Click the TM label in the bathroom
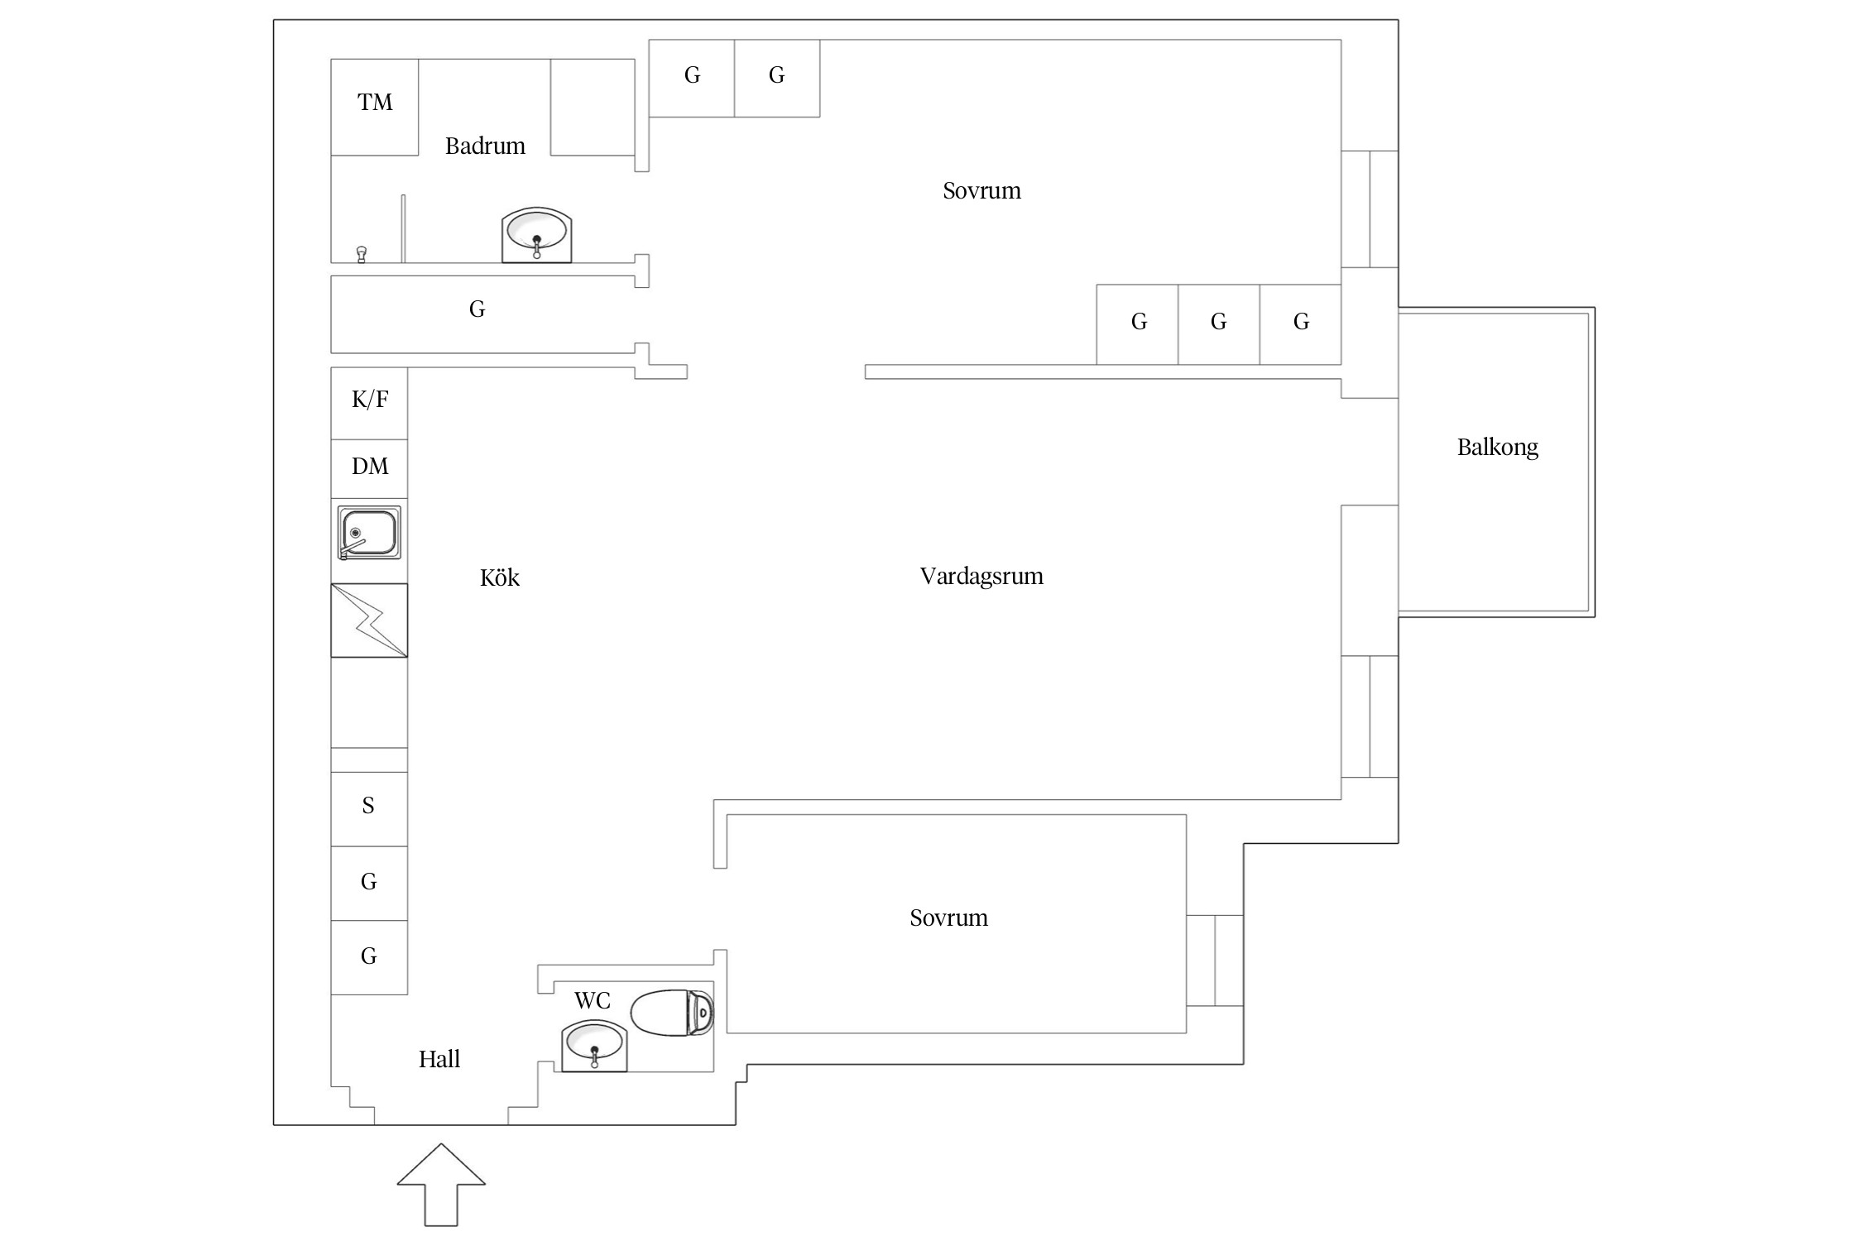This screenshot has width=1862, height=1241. (375, 103)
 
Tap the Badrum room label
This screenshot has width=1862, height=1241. (485, 146)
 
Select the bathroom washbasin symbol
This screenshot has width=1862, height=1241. (536, 235)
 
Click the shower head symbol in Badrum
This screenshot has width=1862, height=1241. (361, 254)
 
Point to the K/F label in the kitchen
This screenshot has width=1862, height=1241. (370, 400)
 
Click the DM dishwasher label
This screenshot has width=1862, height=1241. (370, 467)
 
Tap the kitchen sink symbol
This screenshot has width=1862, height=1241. (369, 533)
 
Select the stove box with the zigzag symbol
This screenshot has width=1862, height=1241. (369, 620)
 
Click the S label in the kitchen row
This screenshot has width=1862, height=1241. (368, 806)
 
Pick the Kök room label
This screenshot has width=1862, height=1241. (499, 578)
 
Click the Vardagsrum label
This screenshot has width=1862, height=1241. (981, 577)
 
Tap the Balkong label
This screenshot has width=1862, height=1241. (1497, 448)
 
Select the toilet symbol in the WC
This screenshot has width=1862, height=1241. (672, 1012)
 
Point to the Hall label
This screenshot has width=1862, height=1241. (439, 1060)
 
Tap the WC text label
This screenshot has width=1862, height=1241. (593, 1001)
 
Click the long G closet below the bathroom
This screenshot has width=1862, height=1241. (477, 310)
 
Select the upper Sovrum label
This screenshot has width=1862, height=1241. (981, 191)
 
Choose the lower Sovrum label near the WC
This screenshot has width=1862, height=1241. (948, 918)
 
